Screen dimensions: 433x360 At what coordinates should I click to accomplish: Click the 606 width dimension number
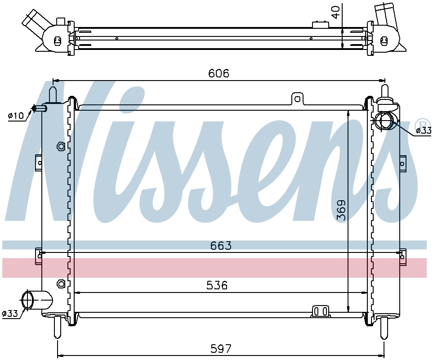click(x=219, y=73)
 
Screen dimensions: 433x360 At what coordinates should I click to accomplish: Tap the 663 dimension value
click(x=221, y=245)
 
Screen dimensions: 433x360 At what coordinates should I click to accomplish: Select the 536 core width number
click(x=217, y=285)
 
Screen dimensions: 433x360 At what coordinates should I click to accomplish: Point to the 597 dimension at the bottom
click(x=221, y=349)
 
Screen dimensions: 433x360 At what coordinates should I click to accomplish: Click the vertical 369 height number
click(x=342, y=210)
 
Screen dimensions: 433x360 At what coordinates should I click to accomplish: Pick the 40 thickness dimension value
click(x=336, y=12)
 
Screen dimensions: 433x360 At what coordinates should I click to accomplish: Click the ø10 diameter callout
click(x=16, y=116)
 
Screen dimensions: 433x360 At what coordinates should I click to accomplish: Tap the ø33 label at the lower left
click(x=9, y=313)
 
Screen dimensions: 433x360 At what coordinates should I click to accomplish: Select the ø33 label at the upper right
click(x=424, y=130)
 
